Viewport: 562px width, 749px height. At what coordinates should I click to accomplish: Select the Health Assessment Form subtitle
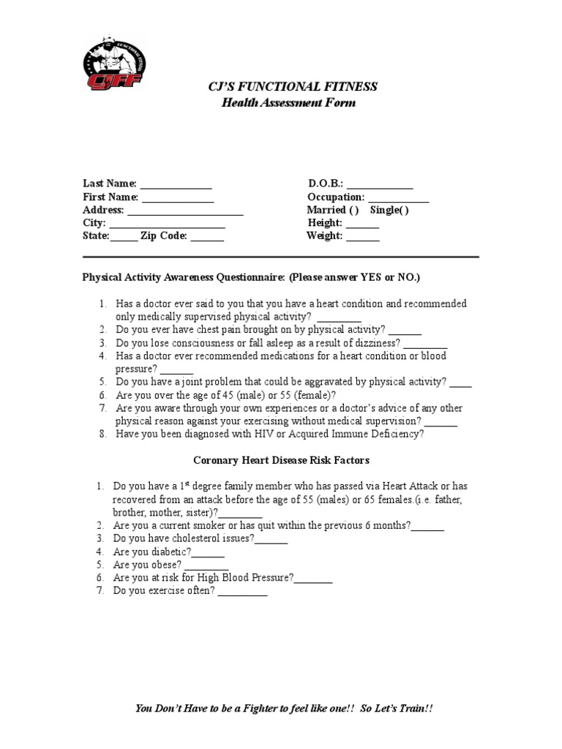[289, 103]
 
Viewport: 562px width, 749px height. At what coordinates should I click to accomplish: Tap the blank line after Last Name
[176, 184]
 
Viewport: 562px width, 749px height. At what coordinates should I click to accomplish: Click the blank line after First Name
[177, 197]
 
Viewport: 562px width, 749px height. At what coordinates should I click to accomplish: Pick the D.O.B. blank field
[379, 184]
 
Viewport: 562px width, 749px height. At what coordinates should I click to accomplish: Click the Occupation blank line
[398, 197]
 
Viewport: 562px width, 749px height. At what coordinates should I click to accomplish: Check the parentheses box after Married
[353, 211]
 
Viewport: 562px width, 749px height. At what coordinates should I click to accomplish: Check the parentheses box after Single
[403, 211]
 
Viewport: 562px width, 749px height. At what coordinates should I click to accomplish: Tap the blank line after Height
[362, 223]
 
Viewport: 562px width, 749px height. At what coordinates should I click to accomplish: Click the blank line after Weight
[362, 236]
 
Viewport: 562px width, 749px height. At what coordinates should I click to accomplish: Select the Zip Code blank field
[208, 236]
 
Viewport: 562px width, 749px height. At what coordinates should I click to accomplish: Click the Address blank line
[184, 211]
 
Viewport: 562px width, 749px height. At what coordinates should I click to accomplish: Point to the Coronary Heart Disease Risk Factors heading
[281, 461]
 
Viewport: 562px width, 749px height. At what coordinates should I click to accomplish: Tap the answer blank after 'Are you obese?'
[206, 565]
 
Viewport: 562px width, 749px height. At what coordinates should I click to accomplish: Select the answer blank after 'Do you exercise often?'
[242, 592]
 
